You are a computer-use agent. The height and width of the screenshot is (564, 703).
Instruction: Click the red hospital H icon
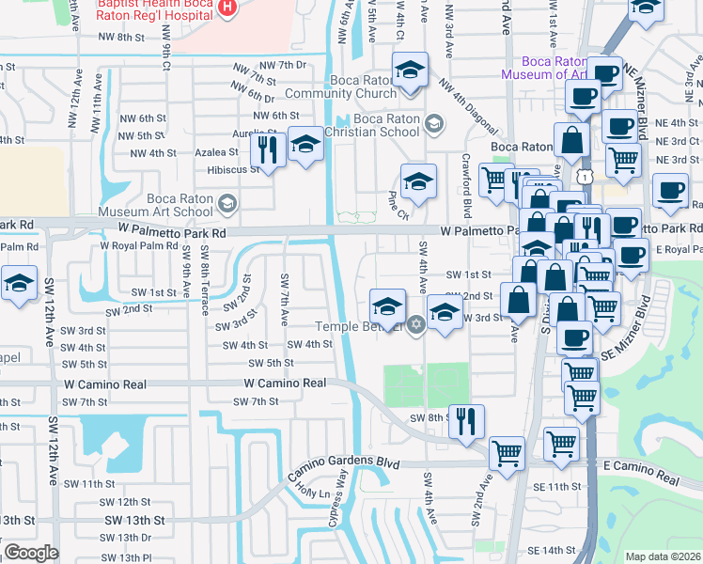tap(226, 8)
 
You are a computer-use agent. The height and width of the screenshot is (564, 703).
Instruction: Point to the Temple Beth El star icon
tap(416, 325)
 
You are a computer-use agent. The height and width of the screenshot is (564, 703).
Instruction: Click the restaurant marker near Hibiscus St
tap(269, 149)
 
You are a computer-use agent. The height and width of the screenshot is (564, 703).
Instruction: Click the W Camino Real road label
tap(285, 384)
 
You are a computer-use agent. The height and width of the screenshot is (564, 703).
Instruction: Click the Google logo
tap(31, 553)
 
